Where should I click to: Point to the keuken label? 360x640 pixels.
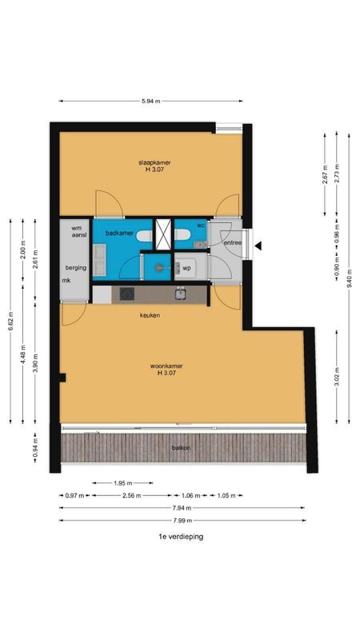click(x=150, y=315)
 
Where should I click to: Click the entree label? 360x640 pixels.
click(x=232, y=242)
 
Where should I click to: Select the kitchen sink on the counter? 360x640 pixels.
click(x=182, y=294)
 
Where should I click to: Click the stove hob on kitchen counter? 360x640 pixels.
click(x=127, y=294)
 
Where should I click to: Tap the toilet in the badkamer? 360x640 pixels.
click(x=143, y=237)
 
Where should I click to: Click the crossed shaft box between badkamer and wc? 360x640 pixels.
click(x=163, y=233)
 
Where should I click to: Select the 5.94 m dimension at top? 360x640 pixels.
click(x=150, y=102)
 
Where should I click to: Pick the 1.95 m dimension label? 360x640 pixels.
click(x=122, y=483)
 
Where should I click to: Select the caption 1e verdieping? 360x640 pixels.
click(x=181, y=537)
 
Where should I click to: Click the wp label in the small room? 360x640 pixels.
click(x=186, y=268)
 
